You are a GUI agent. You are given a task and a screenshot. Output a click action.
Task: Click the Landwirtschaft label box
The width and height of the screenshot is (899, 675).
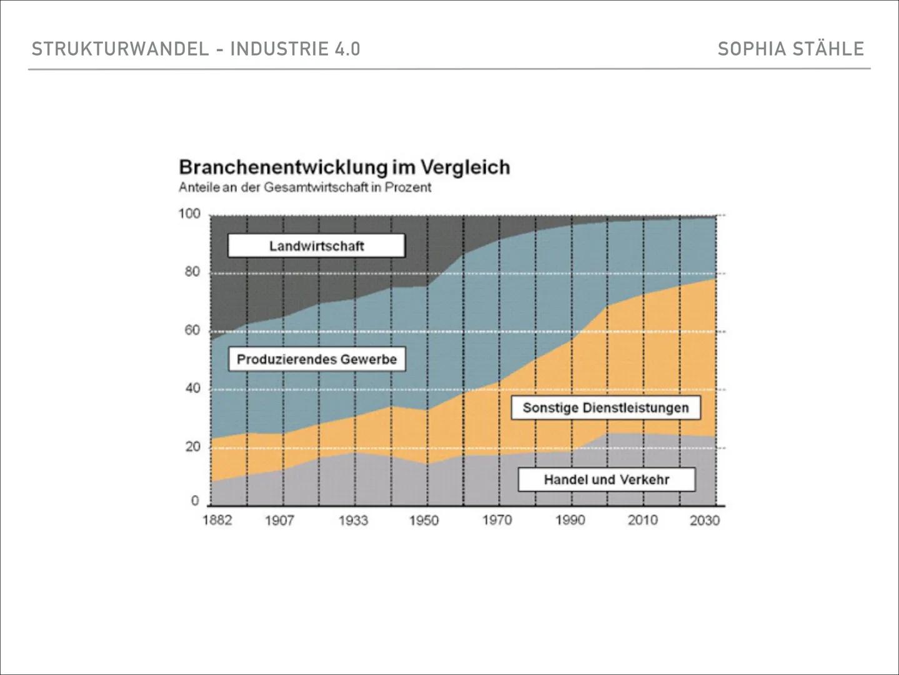(x=316, y=246)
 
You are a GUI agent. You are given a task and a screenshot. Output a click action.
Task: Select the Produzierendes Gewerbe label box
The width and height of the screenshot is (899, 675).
(x=317, y=359)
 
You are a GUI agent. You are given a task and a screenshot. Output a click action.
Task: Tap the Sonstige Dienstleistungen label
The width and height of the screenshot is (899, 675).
(x=605, y=407)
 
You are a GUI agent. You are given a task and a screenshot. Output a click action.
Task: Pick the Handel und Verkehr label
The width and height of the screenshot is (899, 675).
(x=606, y=479)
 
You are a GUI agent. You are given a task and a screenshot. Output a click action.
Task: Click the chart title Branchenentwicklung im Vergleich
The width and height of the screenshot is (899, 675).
(x=344, y=167)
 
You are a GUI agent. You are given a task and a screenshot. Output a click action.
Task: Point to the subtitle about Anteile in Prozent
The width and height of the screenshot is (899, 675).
(x=305, y=187)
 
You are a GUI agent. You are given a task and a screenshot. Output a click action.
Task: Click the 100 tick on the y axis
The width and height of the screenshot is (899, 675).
(x=189, y=214)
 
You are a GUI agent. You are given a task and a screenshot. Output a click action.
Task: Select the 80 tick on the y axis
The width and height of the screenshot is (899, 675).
(x=192, y=272)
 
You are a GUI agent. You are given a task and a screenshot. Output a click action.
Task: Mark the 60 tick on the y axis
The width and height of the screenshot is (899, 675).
(x=192, y=330)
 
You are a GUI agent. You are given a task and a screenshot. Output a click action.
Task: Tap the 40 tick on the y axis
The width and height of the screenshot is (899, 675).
(x=192, y=388)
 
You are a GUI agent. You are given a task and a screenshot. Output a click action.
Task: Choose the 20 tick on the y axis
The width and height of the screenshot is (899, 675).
(x=192, y=446)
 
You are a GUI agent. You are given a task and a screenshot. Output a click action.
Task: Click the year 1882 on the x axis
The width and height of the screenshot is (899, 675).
(x=217, y=520)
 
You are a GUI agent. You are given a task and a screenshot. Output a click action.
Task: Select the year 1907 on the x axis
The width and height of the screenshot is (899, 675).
(x=279, y=520)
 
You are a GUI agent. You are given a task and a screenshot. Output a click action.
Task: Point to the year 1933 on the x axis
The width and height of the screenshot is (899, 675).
(x=353, y=520)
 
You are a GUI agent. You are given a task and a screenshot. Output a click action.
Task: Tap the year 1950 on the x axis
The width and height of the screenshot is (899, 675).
(x=424, y=520)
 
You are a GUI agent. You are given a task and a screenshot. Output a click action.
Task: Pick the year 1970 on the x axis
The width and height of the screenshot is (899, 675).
(x=497, y=520)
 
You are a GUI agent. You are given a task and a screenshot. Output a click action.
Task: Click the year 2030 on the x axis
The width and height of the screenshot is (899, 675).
(x=704, y=520)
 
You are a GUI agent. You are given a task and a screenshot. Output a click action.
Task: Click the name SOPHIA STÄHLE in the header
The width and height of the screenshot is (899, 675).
(x=790, y=49)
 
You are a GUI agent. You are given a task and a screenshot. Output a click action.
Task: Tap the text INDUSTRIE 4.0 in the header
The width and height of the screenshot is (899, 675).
(x=295, y=49)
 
